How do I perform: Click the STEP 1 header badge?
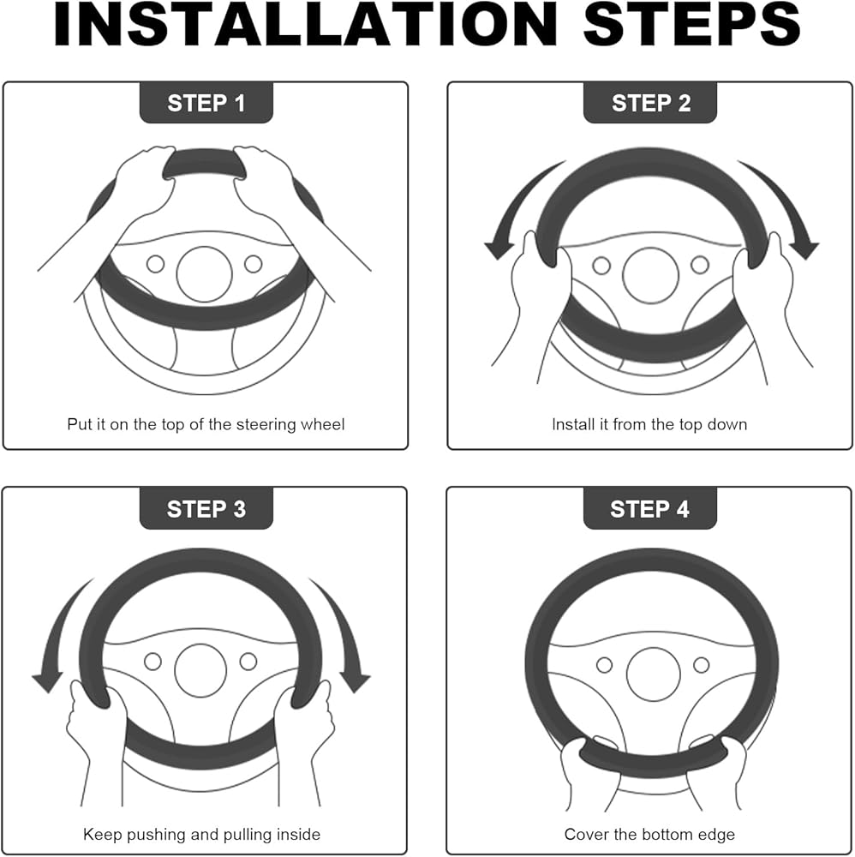click(x=206, y=103)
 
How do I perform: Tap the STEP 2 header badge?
click(x=650, y=103)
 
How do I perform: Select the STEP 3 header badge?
click(x=206, y=508)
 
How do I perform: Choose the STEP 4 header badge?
click(x=650, y=508)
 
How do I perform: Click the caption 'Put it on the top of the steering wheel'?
click(x=206, y=424)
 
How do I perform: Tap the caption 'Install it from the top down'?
click(x=649, y=424)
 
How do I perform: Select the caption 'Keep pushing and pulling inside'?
click(x=201, y=834)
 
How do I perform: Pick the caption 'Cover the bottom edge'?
click(x=649, y=834)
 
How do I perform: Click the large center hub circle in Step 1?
click(x=204, y=274)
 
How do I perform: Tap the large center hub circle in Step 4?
click(x=653, y=674)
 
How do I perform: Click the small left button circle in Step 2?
click(x=601, y=266)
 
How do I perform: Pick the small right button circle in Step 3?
click(x=248, y=661)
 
